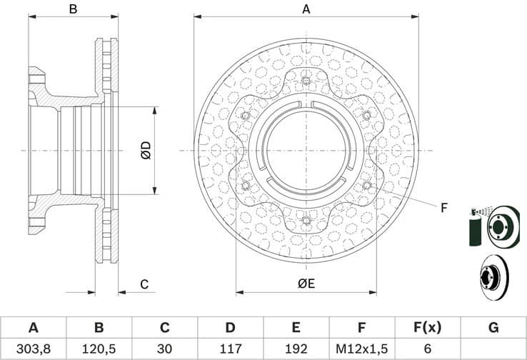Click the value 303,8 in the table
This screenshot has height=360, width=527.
pos(33,349)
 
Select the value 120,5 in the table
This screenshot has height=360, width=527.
pos(99,349)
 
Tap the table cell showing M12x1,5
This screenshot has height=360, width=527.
pos(362,349)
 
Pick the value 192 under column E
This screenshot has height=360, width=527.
pos(296,349)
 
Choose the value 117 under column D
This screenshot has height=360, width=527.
pos(230,349)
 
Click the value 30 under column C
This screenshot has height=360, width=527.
pos(164,349)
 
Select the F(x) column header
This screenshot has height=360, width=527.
pos(428,328)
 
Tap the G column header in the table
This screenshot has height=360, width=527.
pos(493,328)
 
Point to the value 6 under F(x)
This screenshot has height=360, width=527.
pos(428,349)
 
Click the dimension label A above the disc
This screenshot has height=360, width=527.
pos(306,9)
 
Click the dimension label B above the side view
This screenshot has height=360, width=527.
pos(73,9)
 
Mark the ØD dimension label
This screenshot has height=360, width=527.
pos(145,151)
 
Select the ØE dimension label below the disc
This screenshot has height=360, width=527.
pos(306,284)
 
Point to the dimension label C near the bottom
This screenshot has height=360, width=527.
pos(144,284)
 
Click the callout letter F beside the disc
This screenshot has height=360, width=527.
pos(443,208)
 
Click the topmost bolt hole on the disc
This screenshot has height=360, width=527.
pos(306,80)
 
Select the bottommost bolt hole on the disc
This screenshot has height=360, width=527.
pos(306,220)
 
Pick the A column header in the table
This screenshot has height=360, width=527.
pos(33,328)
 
